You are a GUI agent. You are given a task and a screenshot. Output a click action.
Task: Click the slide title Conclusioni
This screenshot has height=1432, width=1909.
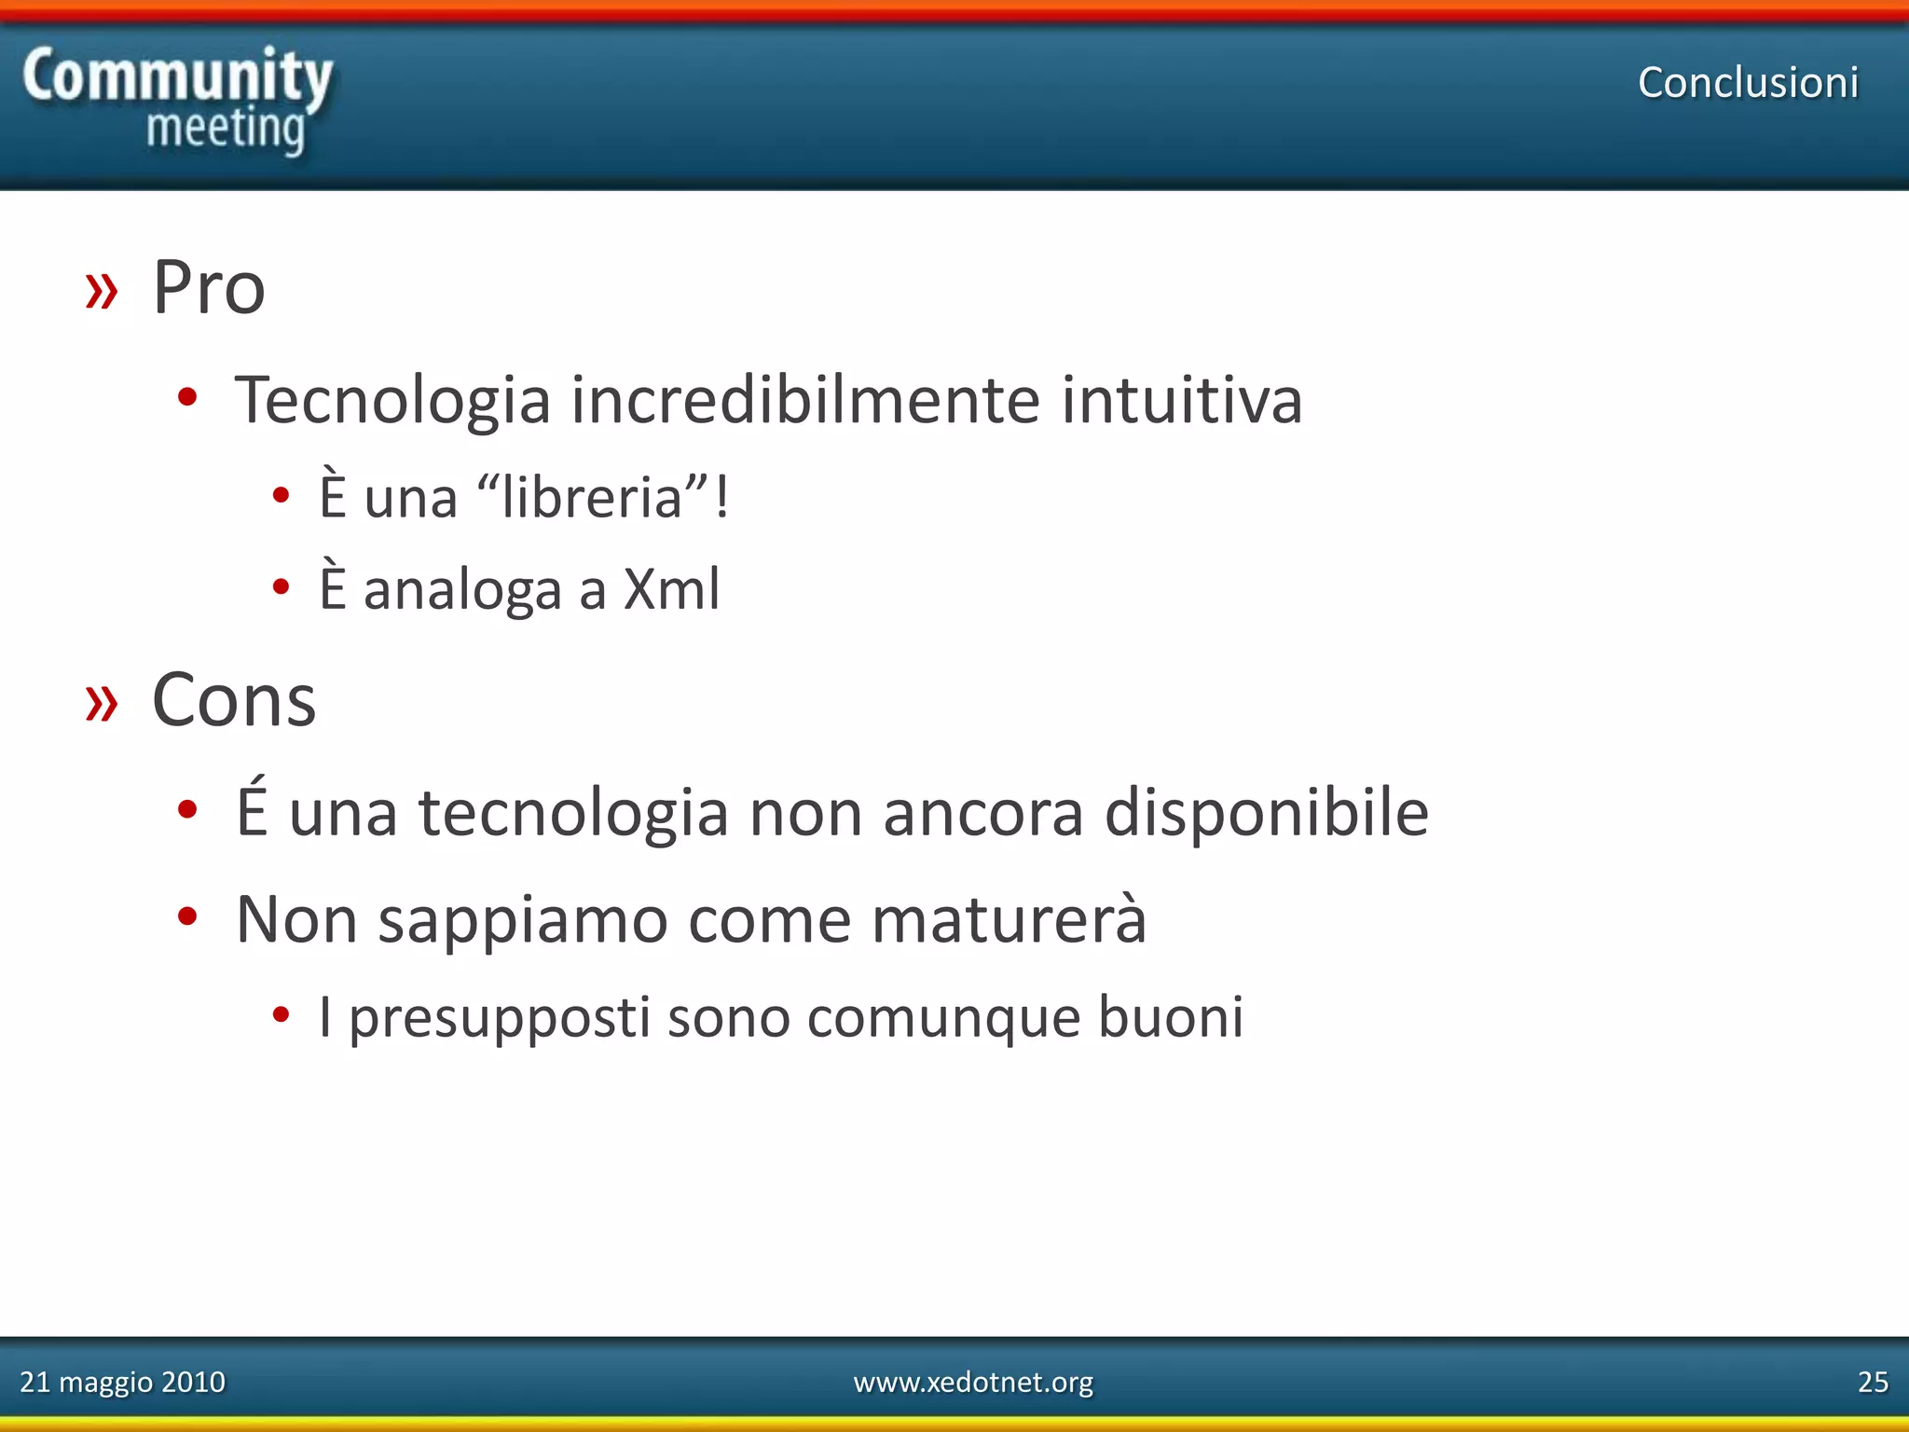pos(1748,82)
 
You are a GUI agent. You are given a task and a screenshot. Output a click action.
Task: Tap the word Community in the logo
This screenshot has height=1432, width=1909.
pos(177,76)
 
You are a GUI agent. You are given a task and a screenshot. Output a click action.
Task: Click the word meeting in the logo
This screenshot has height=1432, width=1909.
pos(226,129)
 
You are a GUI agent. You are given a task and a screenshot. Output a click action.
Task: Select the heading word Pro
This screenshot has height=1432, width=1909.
pos(209,287)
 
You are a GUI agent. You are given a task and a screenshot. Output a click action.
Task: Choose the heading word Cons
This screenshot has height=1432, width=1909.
pos(234,700)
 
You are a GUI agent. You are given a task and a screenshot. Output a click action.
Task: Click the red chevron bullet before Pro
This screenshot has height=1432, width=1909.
pos(102,291)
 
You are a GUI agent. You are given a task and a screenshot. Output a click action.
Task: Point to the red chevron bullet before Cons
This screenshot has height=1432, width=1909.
pos(102,703)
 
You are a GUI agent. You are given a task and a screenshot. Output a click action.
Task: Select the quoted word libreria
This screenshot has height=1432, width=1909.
pos(593,497)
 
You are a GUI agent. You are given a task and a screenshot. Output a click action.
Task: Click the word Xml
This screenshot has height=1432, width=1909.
pos(671,589)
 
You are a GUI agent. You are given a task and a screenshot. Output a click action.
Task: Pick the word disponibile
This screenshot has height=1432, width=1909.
pos(1266,813)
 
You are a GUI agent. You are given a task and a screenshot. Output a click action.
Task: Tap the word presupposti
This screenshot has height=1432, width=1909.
pos(499,1017)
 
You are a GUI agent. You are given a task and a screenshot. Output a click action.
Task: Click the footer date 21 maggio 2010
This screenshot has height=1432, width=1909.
pos(122,1382)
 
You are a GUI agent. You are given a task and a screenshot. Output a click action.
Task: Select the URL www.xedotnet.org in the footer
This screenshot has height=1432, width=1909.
pos(973,1382)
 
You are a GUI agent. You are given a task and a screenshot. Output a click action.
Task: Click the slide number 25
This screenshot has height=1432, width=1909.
pos(1873,1382)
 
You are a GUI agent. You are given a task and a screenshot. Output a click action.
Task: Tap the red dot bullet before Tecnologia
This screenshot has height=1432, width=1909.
pos(187,397)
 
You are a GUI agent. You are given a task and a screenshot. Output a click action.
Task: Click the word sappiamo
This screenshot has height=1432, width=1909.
pos(522,921)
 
